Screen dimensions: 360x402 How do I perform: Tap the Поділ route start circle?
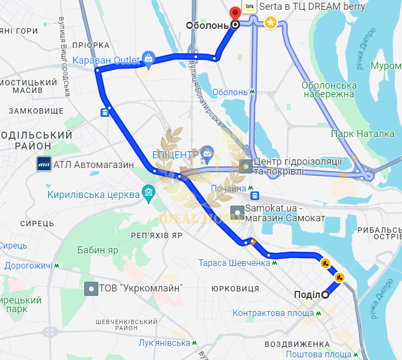click(325, 295)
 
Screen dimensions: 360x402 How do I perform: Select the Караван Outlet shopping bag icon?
click(148, 58)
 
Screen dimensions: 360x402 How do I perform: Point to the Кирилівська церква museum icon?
click(148, 193)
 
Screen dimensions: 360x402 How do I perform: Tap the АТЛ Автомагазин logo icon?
click(44, 164)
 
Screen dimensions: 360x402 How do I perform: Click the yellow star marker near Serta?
click(270, 23)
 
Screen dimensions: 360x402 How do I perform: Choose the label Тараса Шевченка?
click(234, 263)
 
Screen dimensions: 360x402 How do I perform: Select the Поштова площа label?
click(323, 354)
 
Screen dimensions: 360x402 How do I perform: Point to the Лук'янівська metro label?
click(165, 343)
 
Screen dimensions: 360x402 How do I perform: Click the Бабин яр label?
click(98, 251)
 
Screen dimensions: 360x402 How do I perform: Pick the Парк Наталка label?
click(363, 134)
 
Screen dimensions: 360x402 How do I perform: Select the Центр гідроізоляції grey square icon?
click(246, 166)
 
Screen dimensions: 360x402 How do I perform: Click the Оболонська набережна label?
click(329, 90)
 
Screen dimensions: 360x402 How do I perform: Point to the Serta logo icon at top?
click(250, 7)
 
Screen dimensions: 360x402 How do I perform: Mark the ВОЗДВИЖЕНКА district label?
click(298, 344)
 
